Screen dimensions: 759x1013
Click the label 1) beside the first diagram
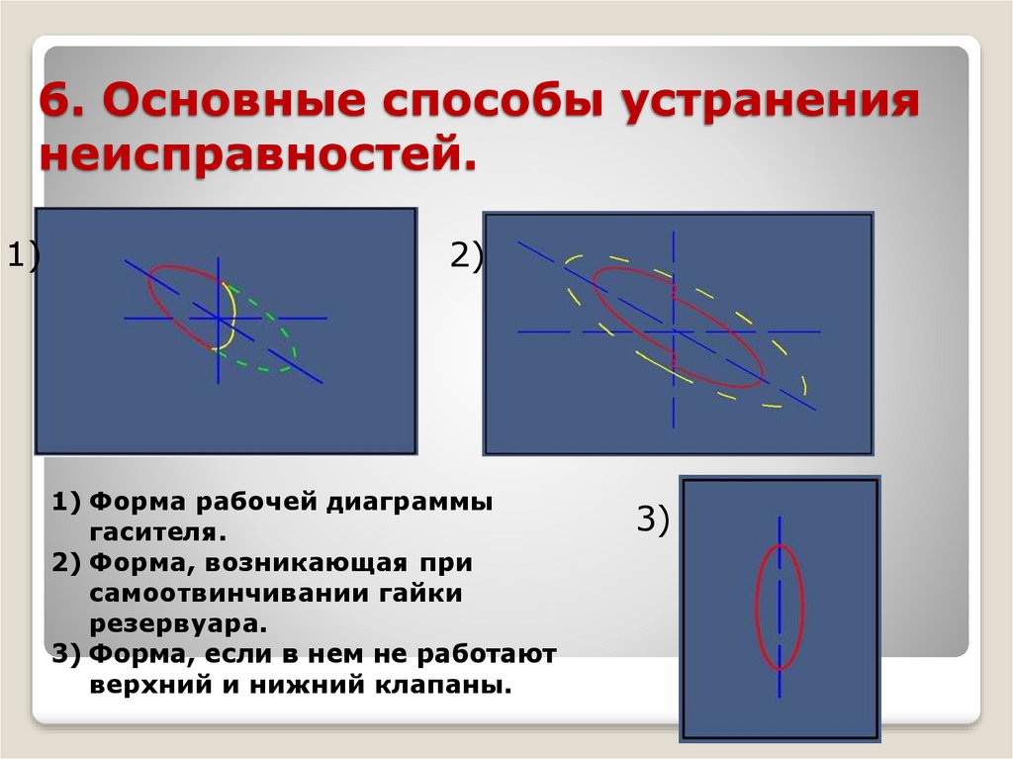(x=21, y=256)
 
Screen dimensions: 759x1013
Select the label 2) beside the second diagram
(x=466, y=256)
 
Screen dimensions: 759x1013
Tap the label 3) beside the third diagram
(x=653, y=518)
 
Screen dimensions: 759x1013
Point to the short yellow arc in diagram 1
(x=231, y=315)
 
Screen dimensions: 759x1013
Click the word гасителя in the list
(x=158, y=533)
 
